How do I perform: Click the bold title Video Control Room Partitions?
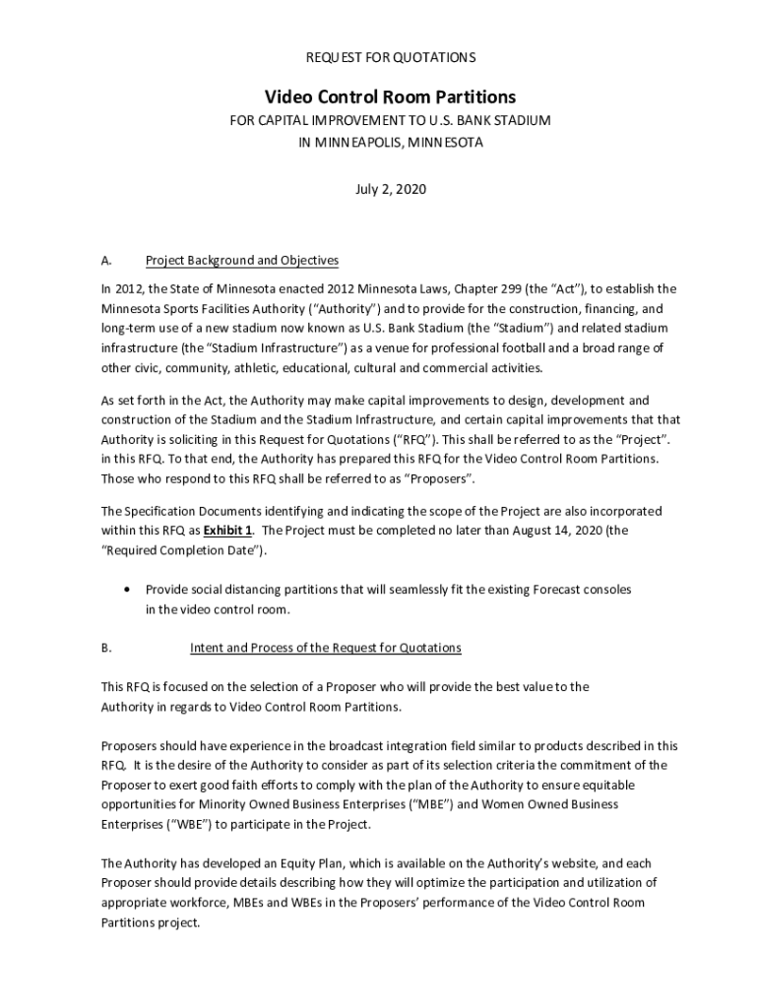pos(390,96)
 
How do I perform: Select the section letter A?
pos(105,261)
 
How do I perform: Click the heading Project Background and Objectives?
pos(242,261)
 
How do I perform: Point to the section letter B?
pos(105,648)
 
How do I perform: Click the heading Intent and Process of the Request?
pos(325,648)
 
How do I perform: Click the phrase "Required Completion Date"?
pos(182,549)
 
